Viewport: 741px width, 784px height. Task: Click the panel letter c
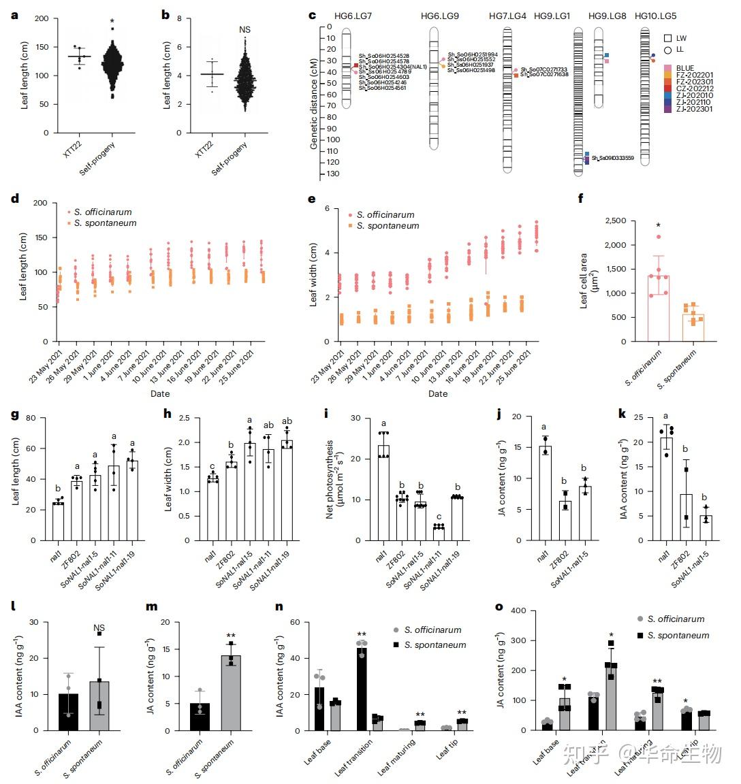pos(313,15)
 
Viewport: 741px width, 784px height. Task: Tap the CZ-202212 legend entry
pos(695,88)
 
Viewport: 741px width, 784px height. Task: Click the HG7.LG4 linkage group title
pos(507,16)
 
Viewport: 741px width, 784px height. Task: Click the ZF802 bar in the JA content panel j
pos(565,521)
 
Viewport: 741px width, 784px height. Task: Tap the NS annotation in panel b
pos(245,30)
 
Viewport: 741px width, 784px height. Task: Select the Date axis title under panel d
pos(160,393)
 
